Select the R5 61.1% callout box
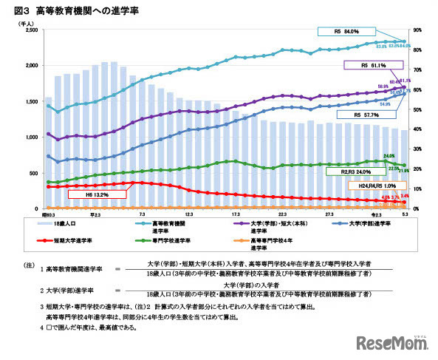373,65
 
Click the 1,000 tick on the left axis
32,137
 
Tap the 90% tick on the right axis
417,30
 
